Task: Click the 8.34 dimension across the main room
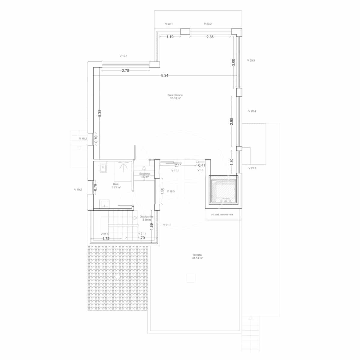click(x=164, y=76)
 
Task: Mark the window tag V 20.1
click(x=169, y=24)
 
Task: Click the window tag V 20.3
click(x=251, y=60)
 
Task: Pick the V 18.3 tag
click(x=171, y=191)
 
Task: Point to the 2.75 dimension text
click(x=125, y=71)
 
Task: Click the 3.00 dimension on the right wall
click(x=234, y=62)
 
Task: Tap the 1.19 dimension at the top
click(x=170, y=37)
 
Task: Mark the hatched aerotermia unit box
click(x=223, y=191)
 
